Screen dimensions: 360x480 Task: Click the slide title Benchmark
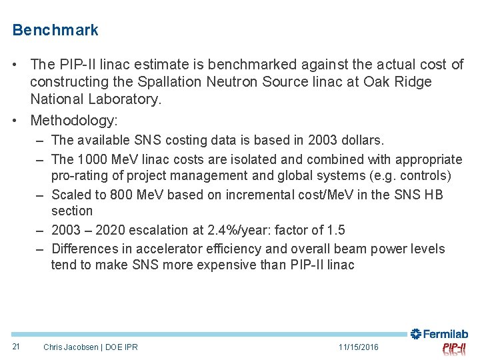55,30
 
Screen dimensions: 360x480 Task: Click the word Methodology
73,120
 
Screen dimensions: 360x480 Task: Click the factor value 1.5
336,230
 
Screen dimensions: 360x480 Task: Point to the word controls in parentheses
427,175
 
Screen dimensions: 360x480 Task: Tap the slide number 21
16,347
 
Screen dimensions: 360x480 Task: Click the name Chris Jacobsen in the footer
69,347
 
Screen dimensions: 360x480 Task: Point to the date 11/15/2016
358,347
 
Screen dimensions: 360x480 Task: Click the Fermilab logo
439,334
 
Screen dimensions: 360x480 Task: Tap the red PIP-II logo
454,349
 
